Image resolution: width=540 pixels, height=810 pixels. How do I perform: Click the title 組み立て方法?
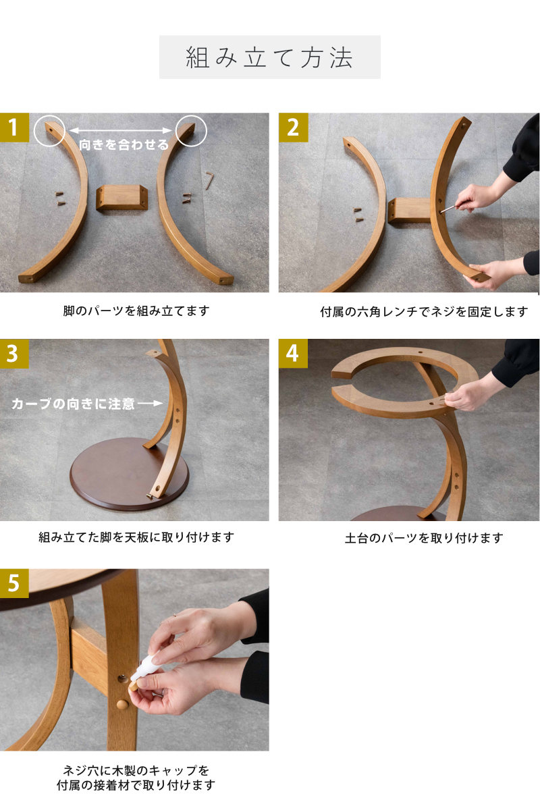click(x=269, y=57)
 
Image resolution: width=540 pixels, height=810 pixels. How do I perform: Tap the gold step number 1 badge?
click(x=14, y=128)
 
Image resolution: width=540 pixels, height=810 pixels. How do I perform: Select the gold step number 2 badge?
click(x=293, y=128)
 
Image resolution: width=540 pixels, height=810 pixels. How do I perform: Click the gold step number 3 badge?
click(x=14, y=353)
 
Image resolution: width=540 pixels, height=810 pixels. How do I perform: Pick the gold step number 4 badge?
click(x=293, y=353)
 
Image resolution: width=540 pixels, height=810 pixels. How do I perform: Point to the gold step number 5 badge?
click(x=14, y=583)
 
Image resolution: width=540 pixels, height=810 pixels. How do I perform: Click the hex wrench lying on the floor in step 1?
click(x=209, y=181)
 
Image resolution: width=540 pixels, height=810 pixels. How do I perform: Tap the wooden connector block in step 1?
click(x=122, y=197)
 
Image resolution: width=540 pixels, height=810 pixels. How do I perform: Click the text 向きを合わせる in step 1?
click(x=124, y=144)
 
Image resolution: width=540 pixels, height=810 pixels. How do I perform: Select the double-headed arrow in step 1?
click(x=120, y=130)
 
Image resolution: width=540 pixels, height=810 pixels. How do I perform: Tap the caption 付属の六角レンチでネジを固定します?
click(x=424, y=312)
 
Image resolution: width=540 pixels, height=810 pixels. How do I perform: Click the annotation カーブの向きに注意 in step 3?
click(x=73, y=404)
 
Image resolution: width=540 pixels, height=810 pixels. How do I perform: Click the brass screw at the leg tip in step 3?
click(x=149, y=497)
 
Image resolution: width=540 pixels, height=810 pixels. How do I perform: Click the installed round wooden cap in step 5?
click(x=122, y=705)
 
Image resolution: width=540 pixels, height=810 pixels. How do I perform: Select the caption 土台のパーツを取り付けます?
click(x=424, y=538)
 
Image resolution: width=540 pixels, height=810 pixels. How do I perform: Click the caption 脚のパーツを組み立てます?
click(x=136, y=311)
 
